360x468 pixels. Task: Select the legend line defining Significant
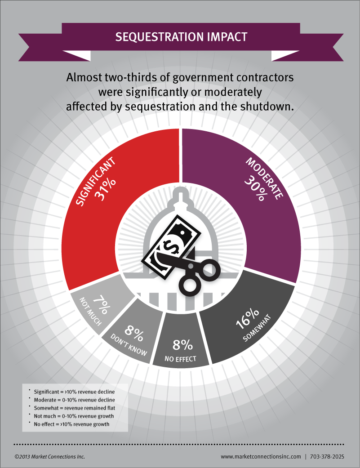click(x=75, y=392)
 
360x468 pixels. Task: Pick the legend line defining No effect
click(x=72, y=424)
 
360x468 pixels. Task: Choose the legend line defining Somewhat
click(x=75, y=408)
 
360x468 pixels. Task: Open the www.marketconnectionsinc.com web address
click(x=261, y=456)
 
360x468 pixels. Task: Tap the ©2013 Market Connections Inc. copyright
click(x=49, y=456)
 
